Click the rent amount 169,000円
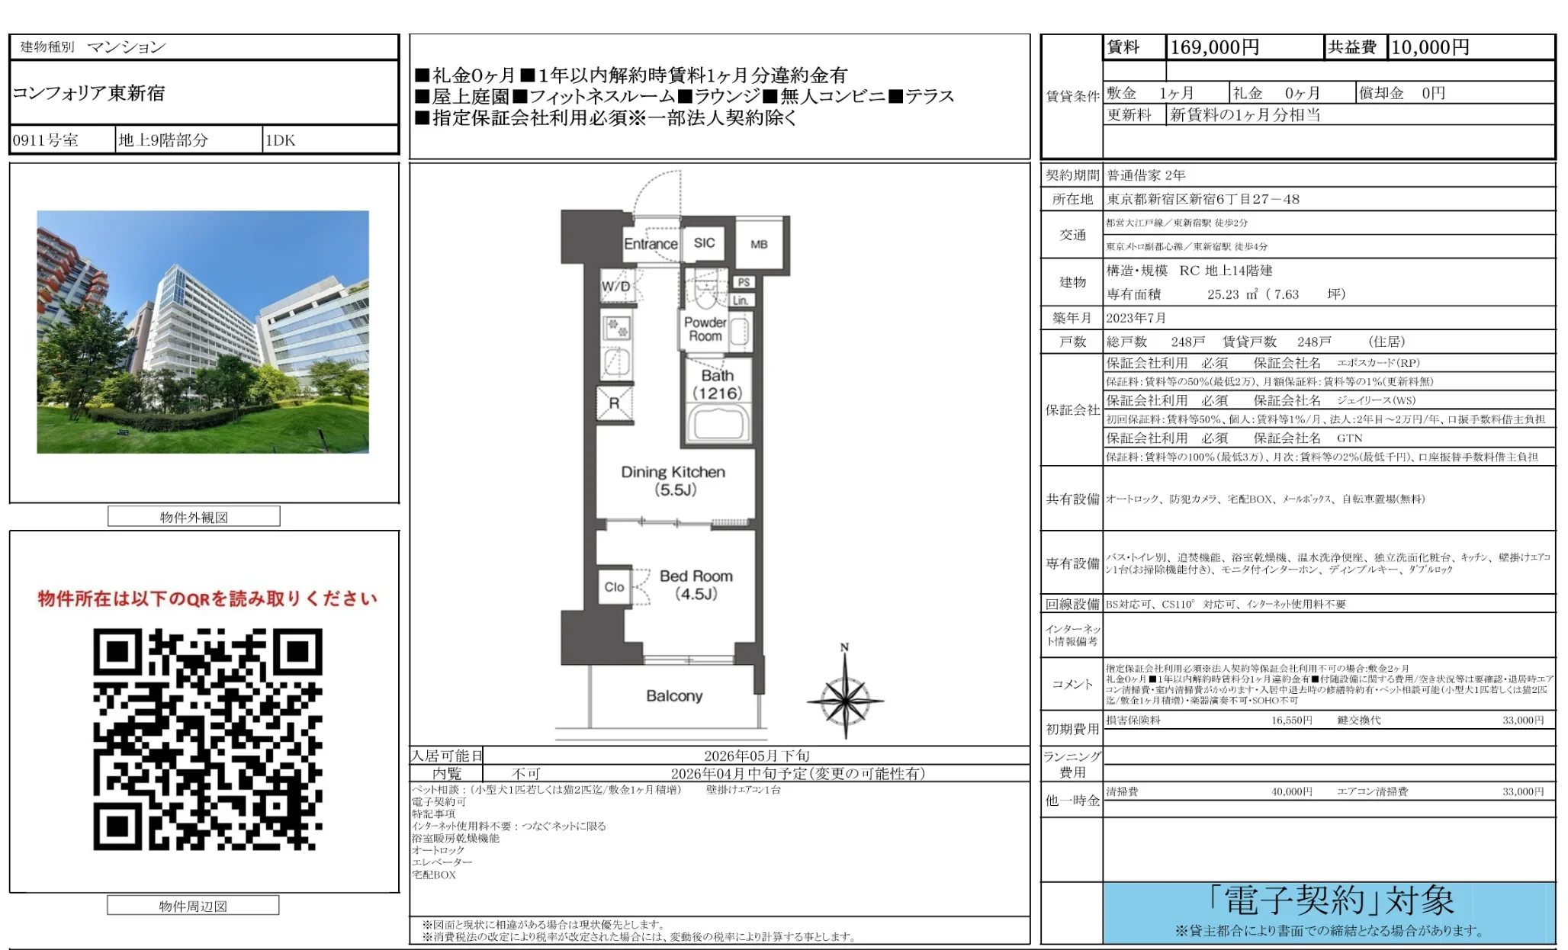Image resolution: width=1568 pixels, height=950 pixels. click(x=1214, y=47)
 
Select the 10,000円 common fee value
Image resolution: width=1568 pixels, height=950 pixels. click(x=1430, y=47)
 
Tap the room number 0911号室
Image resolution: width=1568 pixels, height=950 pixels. click(x=46, y=140)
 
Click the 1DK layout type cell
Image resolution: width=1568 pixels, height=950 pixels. click(x=280, y=140)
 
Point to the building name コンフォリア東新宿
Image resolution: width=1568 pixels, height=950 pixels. click(x=88, y=93)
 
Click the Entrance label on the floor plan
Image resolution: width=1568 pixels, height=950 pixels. click(x=651, y=244)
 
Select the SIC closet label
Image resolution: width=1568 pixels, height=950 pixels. click(x=704, y=243)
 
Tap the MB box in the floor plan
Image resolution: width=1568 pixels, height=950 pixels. click(x=759, y=244)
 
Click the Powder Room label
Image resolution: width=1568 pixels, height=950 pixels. click(x=705, y=329)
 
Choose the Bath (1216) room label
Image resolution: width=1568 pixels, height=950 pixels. click(x=718, y=384)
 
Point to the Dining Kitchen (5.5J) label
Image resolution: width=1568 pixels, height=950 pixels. click(x=673, y=480)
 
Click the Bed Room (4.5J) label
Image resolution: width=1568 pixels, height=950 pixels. click(x=696, y=585)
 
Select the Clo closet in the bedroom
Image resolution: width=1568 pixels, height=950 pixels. click(x=614, y=587)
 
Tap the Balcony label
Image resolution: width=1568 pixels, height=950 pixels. click(x=674, y=696)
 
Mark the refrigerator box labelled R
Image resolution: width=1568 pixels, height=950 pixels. click(x=614, y=403)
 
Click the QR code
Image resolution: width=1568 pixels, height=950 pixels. click(x=207, y=739)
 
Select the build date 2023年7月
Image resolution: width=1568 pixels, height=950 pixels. click(x=1136, y=318)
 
